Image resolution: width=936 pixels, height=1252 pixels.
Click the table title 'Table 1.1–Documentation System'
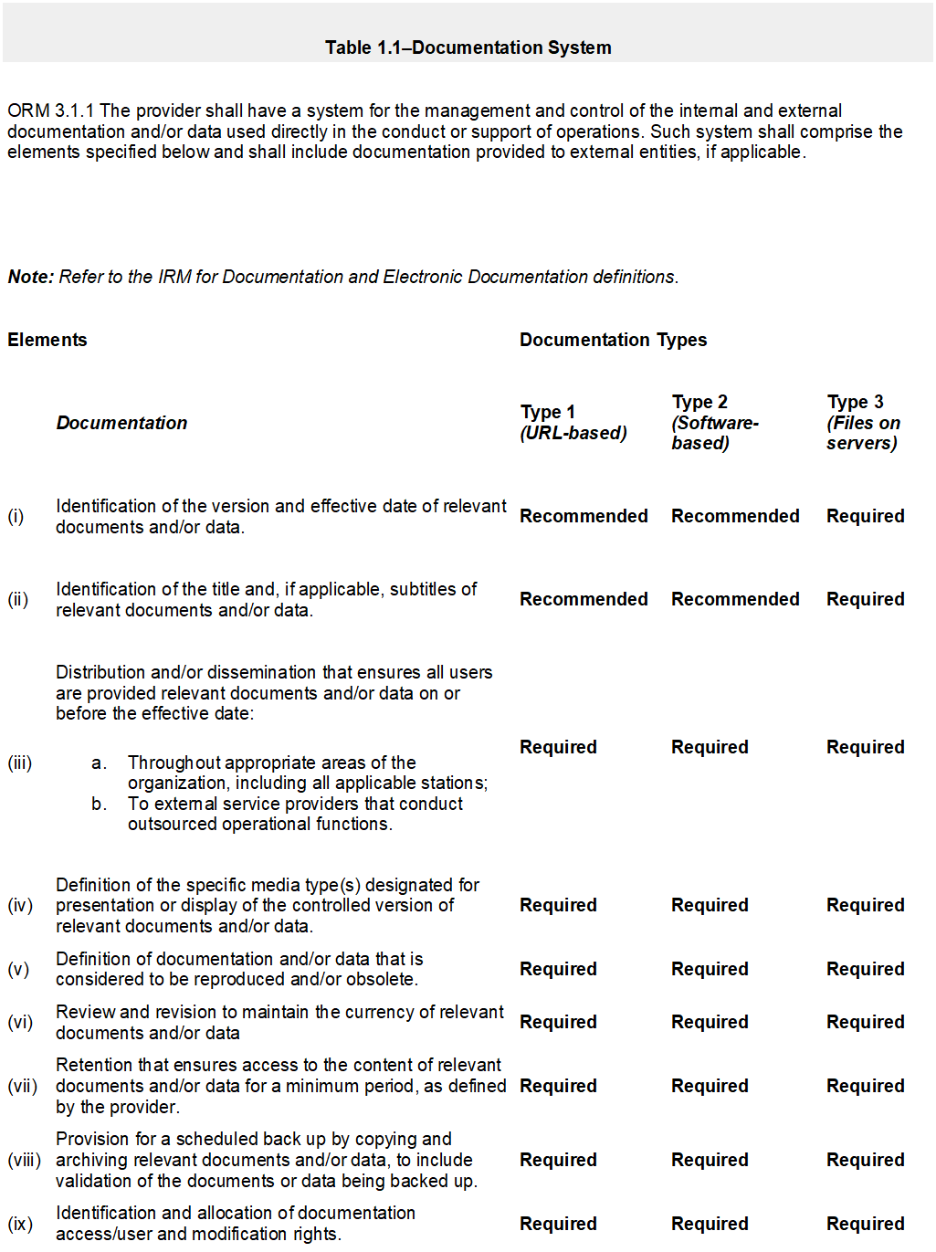click(x=468, y=47)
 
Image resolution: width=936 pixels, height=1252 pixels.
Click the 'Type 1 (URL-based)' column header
click(x=573, y=422)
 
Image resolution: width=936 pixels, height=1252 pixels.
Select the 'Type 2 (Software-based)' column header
click(x=715, y=422)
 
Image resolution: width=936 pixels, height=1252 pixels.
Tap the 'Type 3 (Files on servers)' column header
click(x=863, y=422)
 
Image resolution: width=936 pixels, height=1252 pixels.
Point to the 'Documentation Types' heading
click(x=613, y=340)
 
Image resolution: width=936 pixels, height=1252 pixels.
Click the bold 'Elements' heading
click(x=47, y=340)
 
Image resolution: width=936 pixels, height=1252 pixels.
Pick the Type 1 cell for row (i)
click(x=584, y=516)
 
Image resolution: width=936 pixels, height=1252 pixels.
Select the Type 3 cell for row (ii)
click(x=865, y=599)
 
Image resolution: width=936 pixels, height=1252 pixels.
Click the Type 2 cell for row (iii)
click(x=710, y=747)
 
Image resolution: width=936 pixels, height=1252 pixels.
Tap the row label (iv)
click(x=20, y=905)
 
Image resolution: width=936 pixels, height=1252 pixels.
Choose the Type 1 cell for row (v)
click(x=558, y=969)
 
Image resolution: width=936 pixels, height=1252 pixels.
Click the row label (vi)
click(x=20, y=1022)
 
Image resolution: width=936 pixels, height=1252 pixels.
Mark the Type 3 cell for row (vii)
click(x=865, y=1086)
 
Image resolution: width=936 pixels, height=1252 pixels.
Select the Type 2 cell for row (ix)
click(x=710, y=1224)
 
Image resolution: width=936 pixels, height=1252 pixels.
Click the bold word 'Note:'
click(x=31, y=277)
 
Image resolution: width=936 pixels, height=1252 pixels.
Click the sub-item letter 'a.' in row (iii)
click(x=99, y=763)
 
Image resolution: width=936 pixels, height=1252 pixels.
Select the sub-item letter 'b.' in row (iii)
click(x=99, y=804)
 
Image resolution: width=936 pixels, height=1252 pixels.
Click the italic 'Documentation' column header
click(x=121, y=423)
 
